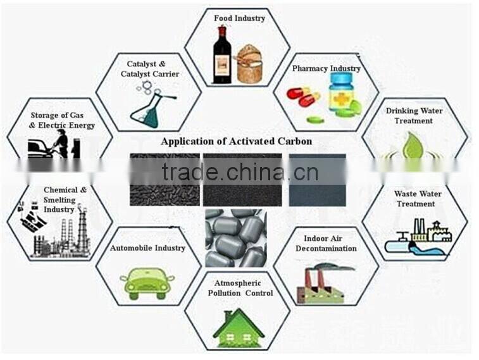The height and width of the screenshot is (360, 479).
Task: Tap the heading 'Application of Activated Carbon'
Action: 236,141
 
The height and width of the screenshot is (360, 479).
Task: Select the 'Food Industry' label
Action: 239,18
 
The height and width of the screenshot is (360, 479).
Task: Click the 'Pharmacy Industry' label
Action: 326,68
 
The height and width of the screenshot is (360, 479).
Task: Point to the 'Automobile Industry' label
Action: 147,248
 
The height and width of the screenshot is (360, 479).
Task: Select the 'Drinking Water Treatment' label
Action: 414,115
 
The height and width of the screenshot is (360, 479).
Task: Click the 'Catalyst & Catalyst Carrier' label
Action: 150,69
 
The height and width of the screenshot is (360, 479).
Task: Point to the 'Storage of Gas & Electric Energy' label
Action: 62,120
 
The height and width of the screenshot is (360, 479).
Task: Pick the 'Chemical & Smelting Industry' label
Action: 60,199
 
